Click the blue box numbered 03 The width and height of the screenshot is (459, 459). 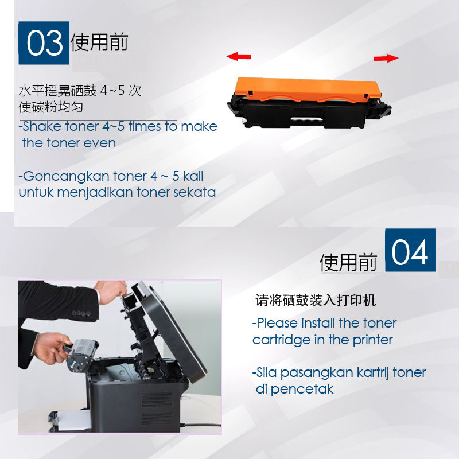pyautogui.click(x=44, y=42)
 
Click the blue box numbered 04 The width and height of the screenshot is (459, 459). pyautogui.click(x=410, y=250)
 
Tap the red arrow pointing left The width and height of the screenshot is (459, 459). pyautogui.click(x=239, y=56)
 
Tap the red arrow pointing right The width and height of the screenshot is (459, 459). pyautogui.click(x=386, y=59)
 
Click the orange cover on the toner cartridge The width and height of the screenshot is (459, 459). pyautogui.click(x=308, y=89)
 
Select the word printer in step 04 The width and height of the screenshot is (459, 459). pyautogui.click(x=372, y=340)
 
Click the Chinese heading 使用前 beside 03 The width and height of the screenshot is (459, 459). pyautogui.click(x=99, y=42)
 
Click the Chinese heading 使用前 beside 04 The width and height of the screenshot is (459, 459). pyautogui.click(x=348, y=262)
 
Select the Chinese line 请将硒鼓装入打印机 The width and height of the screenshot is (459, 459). pyautogui.click(x=316, y=300)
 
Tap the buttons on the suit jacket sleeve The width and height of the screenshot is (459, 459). pyautogui.click(x=81, y=313)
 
